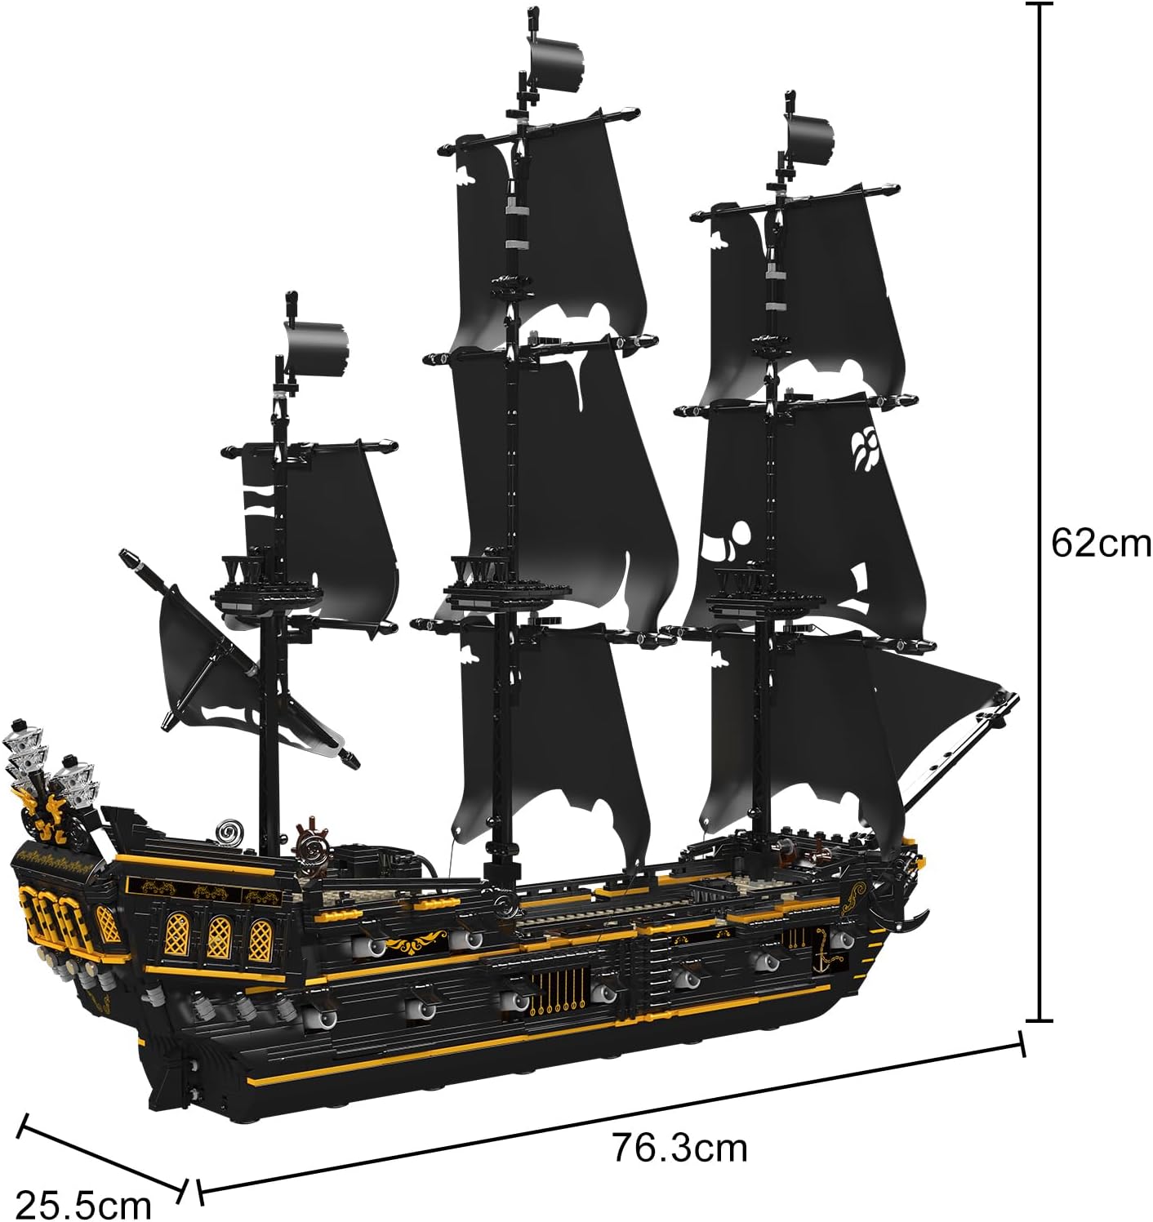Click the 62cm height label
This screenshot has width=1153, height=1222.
[x=1100, y=542]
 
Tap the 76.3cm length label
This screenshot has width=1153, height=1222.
[x=679, y=1147]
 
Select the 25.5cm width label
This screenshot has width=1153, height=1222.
[x=84, y=1203]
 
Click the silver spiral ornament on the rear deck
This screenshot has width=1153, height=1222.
[x=229, y=832]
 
